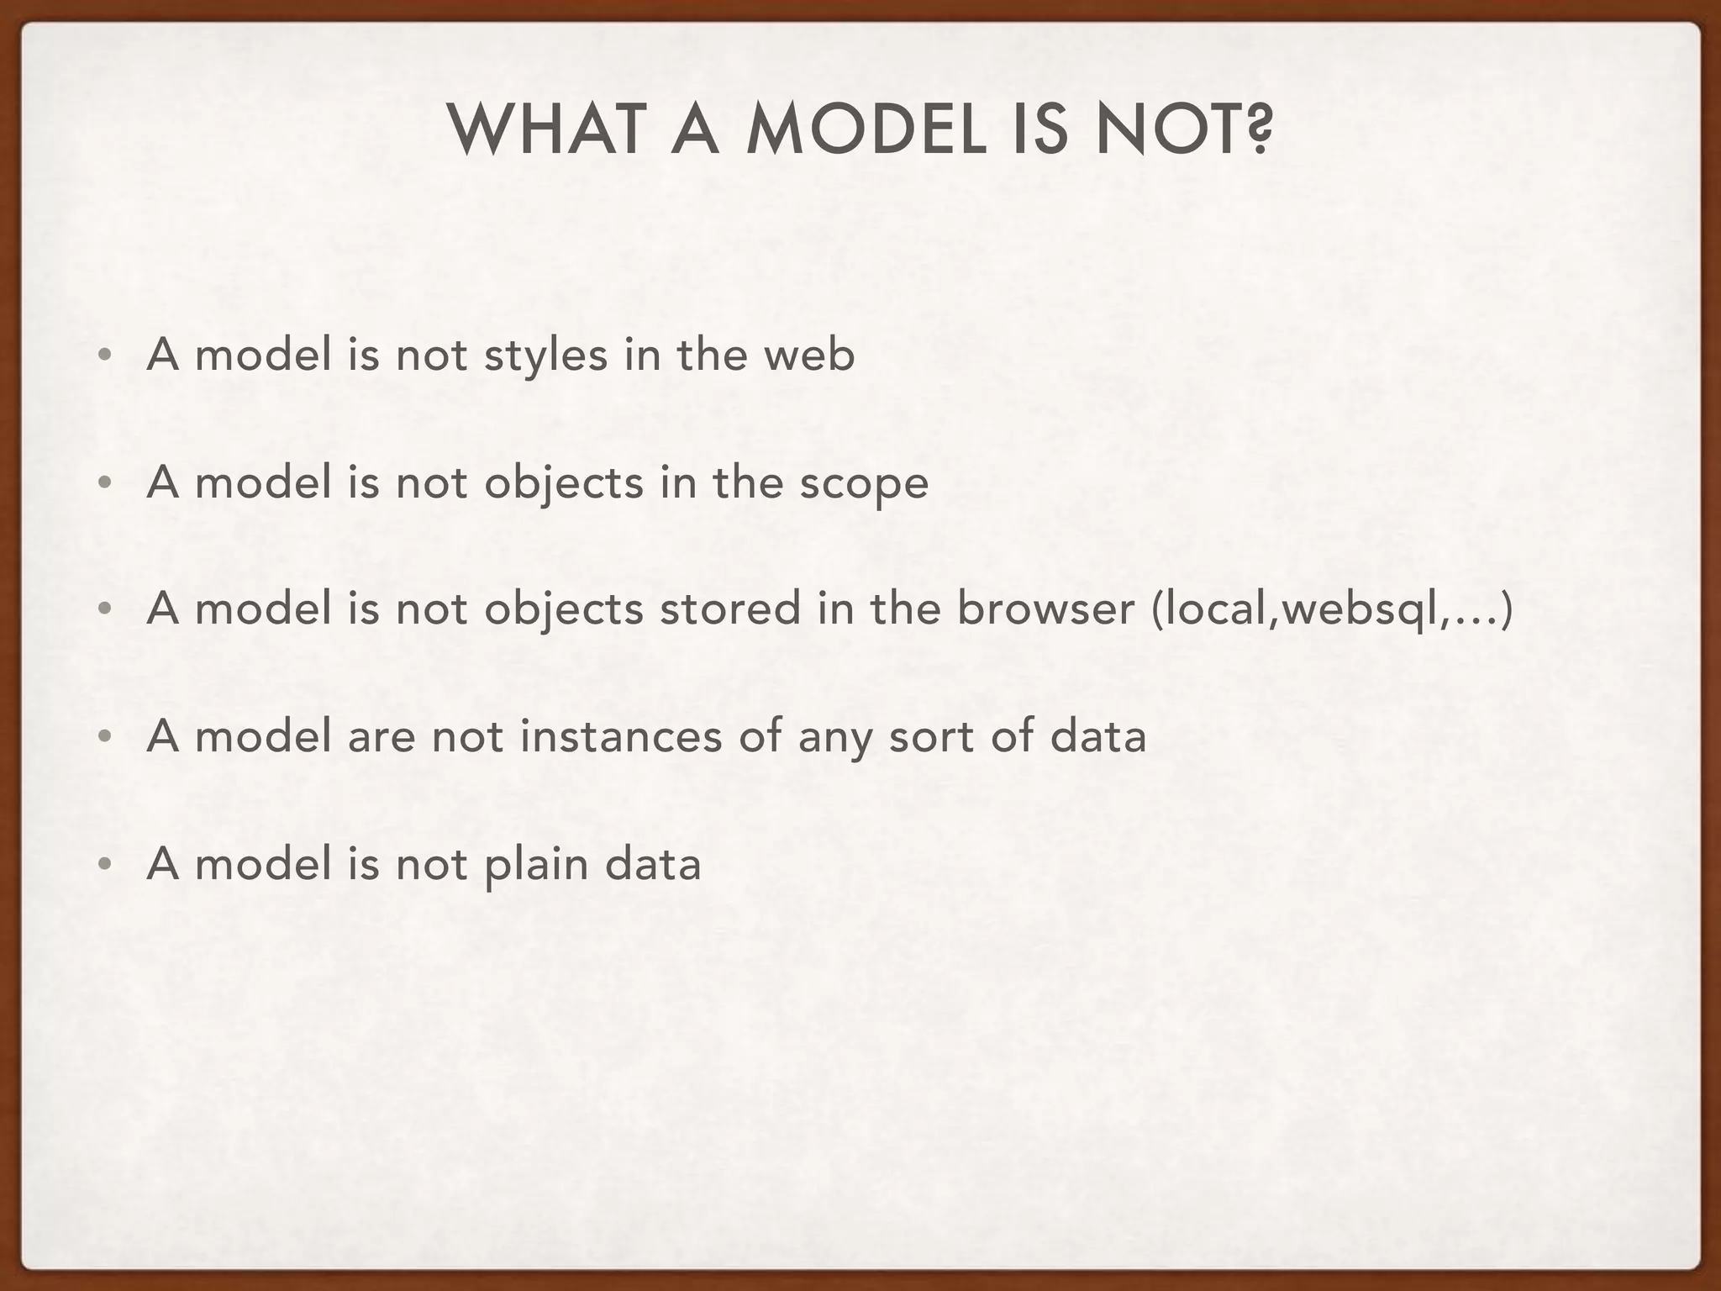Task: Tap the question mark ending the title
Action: tap(1258, 131)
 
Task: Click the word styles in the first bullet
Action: tap(545, 356)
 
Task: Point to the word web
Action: tap(808, 356)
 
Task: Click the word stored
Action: tap(729, 609)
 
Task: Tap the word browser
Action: tap(1045, 609)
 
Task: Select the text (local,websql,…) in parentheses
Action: tap(1333, 609)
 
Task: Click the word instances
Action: tap(621, 737)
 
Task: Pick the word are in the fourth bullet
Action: tap(382, 737)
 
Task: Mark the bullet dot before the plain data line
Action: tap(103, 865)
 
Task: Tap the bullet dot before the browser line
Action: tap(103, 610)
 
